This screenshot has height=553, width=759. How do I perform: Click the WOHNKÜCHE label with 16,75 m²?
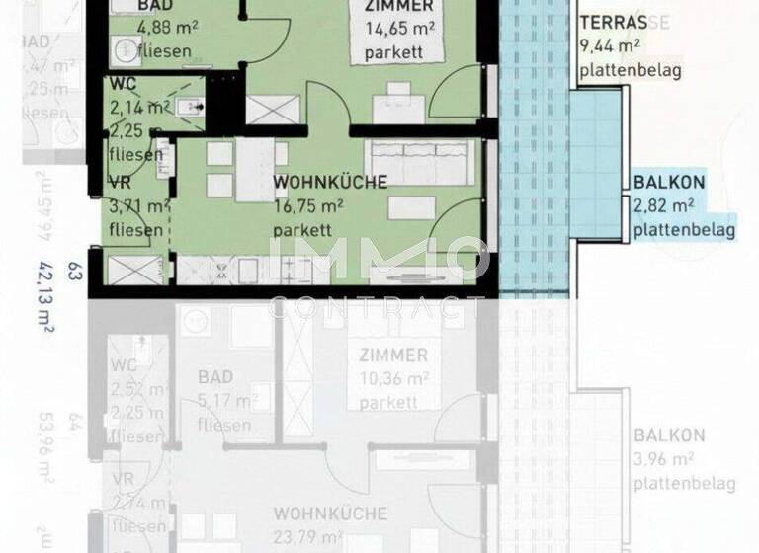[329, 183]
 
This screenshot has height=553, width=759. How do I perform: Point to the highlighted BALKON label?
[669, 183]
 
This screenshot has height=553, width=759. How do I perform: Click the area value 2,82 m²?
[664, 206]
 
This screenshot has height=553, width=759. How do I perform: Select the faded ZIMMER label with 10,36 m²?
[393, 355]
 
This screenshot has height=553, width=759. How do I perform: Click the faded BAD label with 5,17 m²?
[214, 378]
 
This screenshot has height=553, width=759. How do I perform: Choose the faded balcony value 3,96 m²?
[668, 458]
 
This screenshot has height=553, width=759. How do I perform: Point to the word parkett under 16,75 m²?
[302, 229]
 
